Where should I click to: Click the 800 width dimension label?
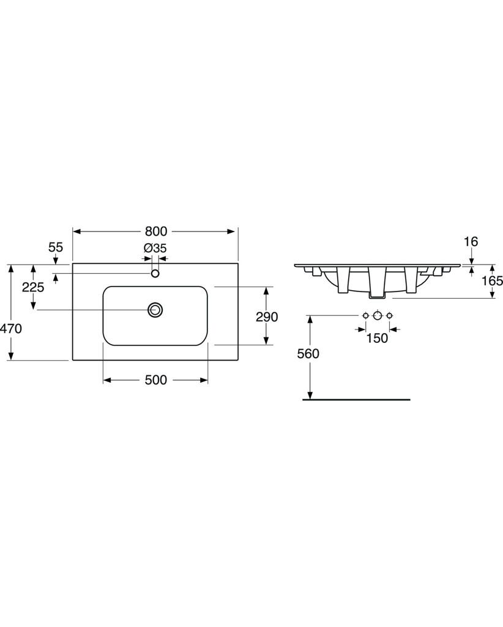click(156, 231)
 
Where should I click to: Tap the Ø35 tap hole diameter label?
click(155, 248)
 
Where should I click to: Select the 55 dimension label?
click(56, 247)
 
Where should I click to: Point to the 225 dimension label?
click(33, 287)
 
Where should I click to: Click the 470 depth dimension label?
click(11, 328)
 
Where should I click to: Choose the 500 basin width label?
click(156, 380)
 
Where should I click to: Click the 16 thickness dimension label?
click(471, 241)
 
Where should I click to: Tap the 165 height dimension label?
click(492, 280)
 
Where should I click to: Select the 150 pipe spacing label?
click(377, 338)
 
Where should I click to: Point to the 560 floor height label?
click(308, 353)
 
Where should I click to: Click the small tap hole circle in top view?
click(155, 274)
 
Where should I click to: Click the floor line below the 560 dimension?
click(356, 399)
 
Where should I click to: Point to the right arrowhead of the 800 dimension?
click(231, 231)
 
